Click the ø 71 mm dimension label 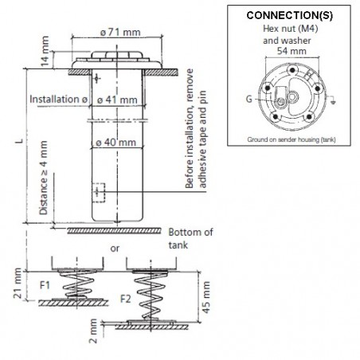(120, 33)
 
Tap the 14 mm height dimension (45, 51)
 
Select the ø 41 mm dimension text (117, 100)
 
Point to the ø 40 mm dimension (115, 143)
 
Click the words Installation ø (59, 99)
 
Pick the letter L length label (19, 141)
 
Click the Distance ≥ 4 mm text (43, 178)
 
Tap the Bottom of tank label (190, 238)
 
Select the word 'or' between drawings (115, 248)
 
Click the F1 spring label (45, 285)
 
